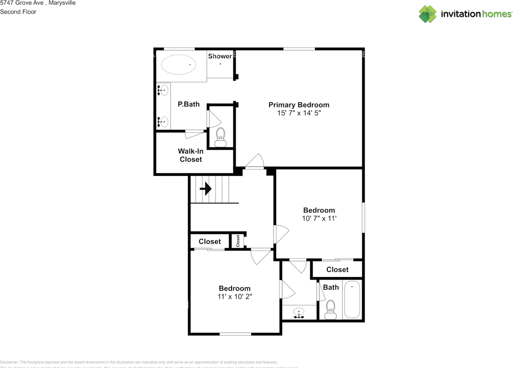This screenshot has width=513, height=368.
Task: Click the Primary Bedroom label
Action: tap(299, 105)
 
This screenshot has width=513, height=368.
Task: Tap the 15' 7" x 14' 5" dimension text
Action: tap(299, 113)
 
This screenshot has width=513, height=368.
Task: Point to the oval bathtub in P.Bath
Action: tap(179, 64)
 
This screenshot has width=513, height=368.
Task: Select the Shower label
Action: tap(220, 56)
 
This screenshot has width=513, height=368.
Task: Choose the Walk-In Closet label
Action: tap(191, 155)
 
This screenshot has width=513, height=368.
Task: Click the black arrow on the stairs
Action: tap(206, 189)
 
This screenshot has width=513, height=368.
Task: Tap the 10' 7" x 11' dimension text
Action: tap(319, 218)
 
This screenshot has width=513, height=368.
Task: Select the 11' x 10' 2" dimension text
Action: tap(234, 297)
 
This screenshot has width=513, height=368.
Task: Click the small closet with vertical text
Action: tap(238, 241)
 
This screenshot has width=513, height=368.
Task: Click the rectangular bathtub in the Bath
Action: tap(352, 299)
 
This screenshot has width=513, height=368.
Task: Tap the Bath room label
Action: tap(331, 287)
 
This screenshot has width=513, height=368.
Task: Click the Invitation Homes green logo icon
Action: tap(428, 14)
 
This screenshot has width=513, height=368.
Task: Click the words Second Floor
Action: tap(18, 12)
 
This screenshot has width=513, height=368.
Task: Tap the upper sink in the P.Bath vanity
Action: tap(163, 91)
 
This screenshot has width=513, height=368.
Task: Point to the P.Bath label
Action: tap(188, 104)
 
